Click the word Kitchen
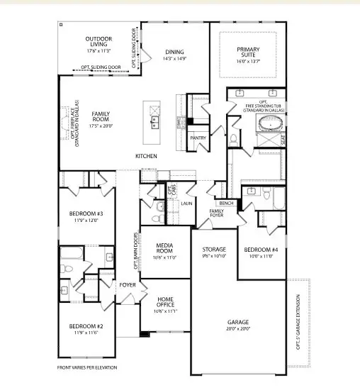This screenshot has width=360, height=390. click(147, 156)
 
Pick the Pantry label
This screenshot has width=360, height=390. click(198, 138)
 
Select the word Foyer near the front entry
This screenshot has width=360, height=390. click(128, 286)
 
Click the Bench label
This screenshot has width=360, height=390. click(227, 204)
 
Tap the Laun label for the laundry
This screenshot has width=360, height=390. click(186, 204)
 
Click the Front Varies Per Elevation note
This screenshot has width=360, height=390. click(87, 368)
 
